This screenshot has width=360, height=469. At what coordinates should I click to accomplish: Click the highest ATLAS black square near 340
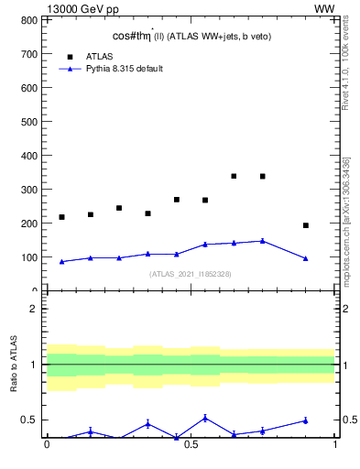(234, 176)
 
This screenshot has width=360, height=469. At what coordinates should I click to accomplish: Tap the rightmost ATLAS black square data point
(306, 225)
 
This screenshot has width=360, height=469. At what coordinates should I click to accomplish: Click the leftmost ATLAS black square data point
(61, 217)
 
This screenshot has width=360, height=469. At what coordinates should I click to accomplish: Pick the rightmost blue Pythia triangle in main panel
(306, 258)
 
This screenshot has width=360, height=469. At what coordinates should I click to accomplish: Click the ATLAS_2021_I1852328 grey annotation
(191, 274)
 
